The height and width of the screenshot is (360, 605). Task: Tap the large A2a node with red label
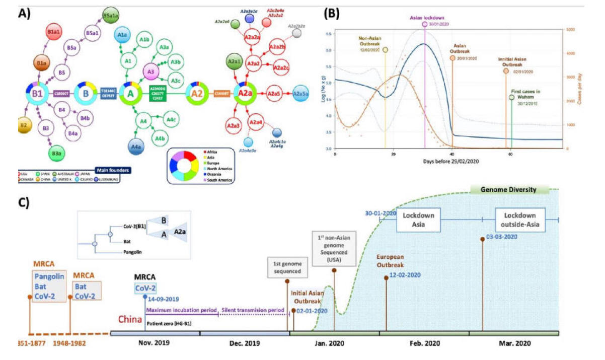tap(245, 94)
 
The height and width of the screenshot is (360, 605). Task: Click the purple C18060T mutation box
tap(63, 93)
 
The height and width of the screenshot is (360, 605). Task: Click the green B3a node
tap(56, 153)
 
